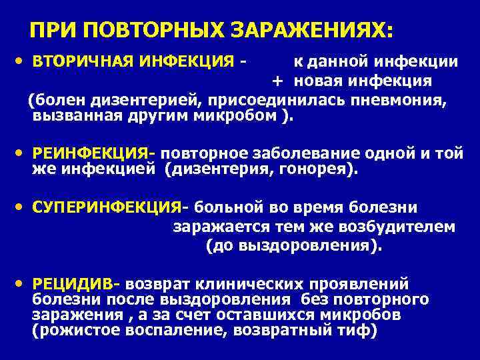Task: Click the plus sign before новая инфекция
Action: pyautogui.click(x=277, y=81)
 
